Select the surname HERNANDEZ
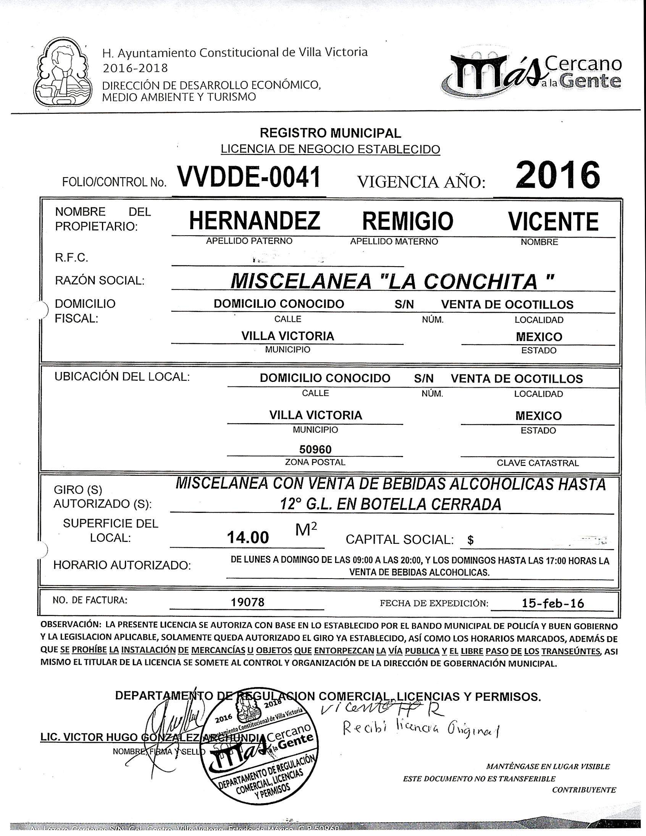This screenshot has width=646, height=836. [x=255, y=221]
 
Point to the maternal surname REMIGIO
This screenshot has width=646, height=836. [x=408, y=221]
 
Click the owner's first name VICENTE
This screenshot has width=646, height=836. [x=553, y=221]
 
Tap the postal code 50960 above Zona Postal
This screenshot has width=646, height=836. [x=315, y=449]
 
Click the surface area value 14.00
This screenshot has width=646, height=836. [x=248, y=538]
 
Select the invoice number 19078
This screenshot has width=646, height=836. [x=248, y=603]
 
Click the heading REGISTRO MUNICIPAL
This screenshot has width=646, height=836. [x=331, y=133]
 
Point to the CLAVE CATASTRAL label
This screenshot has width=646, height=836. [x=538, y=463]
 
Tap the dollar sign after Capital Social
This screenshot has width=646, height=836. [x=470, y=540]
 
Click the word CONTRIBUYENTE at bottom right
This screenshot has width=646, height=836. [x=584, y=790]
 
